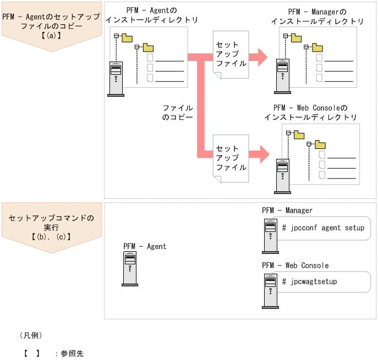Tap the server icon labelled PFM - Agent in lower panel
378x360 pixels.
(130, 269)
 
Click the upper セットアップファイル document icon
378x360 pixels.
(231, 54)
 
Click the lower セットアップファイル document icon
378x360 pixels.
(231, 158)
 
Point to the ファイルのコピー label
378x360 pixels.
(177, 113)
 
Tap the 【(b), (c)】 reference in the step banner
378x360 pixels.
(51, 237)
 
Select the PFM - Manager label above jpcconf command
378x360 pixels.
(287, 211)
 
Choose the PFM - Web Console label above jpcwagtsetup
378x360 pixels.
(295, 265)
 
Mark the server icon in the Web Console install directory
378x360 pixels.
(282, 176)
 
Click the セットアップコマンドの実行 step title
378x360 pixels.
(51, 222)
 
